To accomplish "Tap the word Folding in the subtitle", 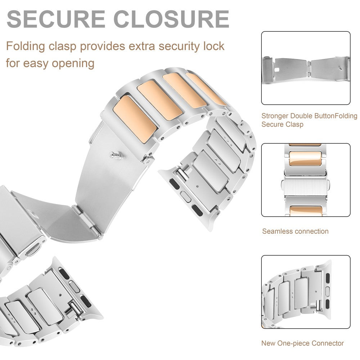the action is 26,46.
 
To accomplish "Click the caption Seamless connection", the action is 295,231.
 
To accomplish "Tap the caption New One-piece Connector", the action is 302,343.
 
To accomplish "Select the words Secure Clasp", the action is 282,124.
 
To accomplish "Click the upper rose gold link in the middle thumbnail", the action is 305,159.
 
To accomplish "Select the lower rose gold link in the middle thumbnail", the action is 305,211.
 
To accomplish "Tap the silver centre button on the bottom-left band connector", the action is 73,286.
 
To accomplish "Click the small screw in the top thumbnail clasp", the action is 341,68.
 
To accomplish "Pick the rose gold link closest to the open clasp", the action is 135,114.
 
